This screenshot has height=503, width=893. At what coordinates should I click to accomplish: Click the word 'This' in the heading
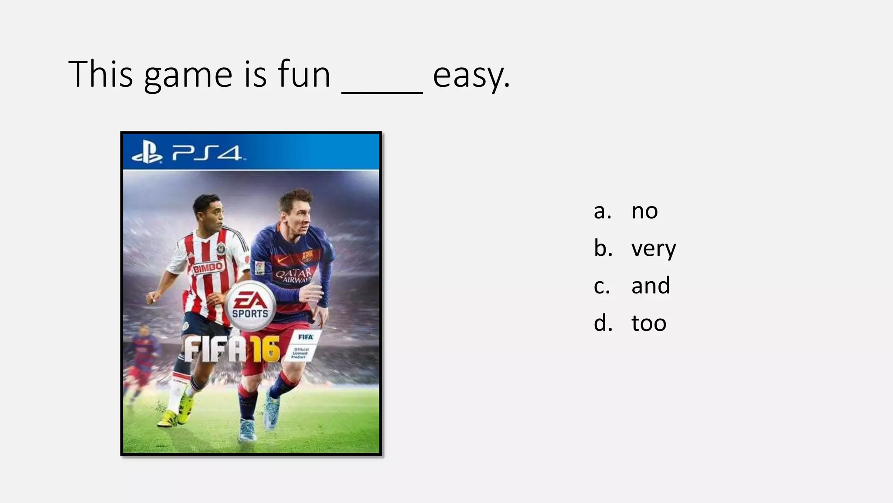tap(100, 74)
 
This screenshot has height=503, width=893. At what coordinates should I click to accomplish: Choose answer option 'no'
tap(644, 211)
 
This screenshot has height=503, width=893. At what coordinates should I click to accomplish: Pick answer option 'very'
tap(653, 248)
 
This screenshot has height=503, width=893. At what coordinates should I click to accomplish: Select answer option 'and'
tap(650, 286)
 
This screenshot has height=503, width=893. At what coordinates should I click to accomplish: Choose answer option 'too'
tap(649, 324)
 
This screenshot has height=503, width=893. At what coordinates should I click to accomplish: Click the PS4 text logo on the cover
tap(207, 153)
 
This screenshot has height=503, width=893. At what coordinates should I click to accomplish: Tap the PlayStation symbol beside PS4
tap(147, 153)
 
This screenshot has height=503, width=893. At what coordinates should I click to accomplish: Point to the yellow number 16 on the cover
tap(264, 350)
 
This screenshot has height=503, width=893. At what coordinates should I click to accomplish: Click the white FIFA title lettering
tap(214, 350)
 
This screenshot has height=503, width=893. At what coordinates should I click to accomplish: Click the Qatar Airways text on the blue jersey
tap(293, 275)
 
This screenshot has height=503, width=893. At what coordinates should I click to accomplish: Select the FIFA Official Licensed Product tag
tap(303, 345)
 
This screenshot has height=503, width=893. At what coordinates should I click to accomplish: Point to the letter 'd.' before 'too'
tap(603, 324)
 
